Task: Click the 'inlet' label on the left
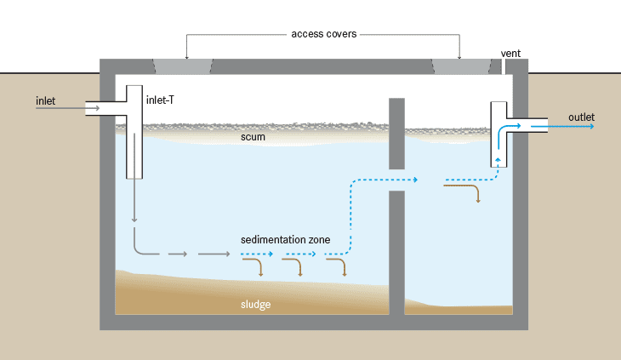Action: (x=45, y=101)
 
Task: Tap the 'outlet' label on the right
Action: (x=581, y=117)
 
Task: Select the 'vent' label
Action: (x=510, y=53)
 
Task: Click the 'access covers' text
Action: (x=323, y=34)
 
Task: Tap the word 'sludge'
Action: (x=254, y=303)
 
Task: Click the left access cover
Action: (x=183, y=66)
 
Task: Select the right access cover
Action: (x=460, y=66)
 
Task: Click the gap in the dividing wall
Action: (x=396, y=180)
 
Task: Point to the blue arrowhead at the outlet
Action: (x=590, y=126)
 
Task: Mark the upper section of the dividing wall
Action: (x=396, y=132)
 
